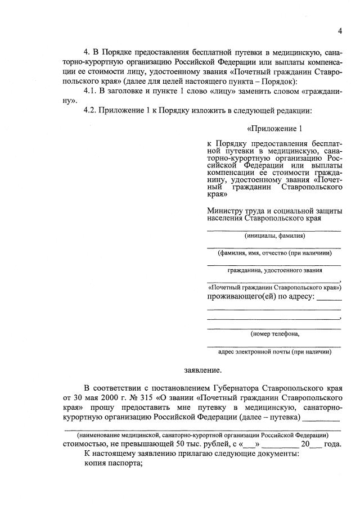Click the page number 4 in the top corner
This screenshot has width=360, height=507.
pyautogui.click(x=340, y=30)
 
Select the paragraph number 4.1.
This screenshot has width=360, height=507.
pyautogui.click(x=91, y=91)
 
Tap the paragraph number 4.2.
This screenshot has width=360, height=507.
pyautogui.click(x=91, y=110)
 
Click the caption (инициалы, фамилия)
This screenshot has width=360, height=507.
pyautogui.click(x=274, y=236)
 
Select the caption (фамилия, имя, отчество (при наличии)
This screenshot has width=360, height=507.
pyautogui.click(x=274, y=253)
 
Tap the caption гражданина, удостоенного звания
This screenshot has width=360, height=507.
pyautogui.click(x=274, y=270)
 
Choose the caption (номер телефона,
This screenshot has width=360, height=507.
pyautogui.click(x=274, y=334)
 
